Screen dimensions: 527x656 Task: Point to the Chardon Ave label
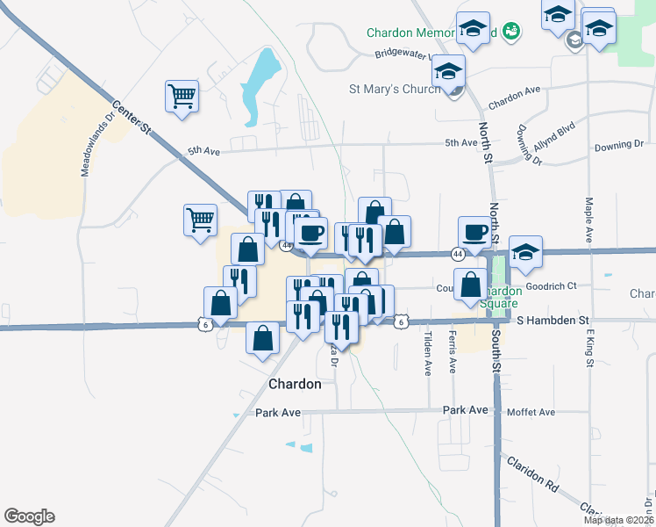pyautogui.click(x=514, y=97)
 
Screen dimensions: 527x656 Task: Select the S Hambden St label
pyautogui.click(x=552, y=321)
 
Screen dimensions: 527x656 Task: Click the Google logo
pyautogui.click(x=29, y=516)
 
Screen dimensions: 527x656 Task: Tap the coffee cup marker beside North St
pyautogui.click(x=474, y=232)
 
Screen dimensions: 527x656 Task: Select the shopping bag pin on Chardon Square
pyautogui.click(x=471, y=285)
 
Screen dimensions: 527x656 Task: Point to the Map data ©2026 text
pyautogui.click(x=618, y=520)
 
